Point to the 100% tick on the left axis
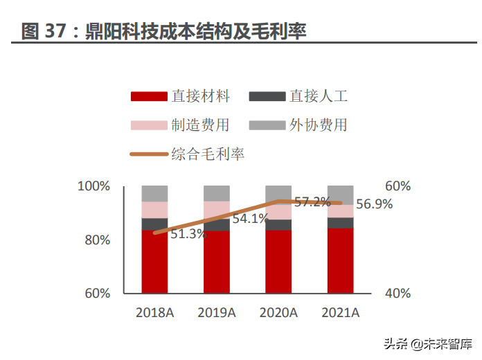click(93, 186)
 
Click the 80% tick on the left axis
click(96, 240)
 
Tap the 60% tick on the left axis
click(96, 293)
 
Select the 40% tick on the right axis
click(398, 293)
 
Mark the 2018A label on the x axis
click(154, 313)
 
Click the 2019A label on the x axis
click(216, 313)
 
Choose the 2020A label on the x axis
click(278, 313)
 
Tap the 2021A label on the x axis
click(341, 313)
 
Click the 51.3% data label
click(189, 234)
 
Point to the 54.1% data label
click(250, 219)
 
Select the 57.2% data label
click(312, 202)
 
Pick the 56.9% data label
click(374, 204)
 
